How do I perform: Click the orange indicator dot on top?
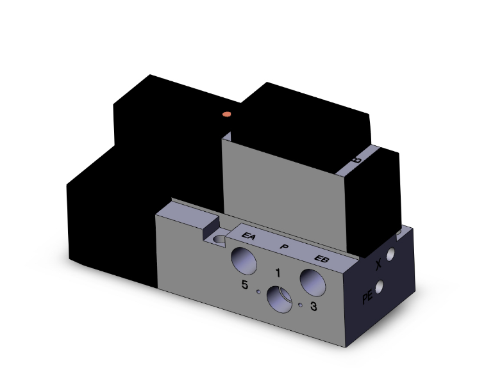(x=225, y=115)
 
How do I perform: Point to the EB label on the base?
(x=321, y=258)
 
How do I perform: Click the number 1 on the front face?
(x=278, y=273)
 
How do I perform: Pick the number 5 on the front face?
(x=245, y=285)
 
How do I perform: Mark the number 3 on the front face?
(x=313, y=307)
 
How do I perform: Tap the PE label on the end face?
(x=367, y=296)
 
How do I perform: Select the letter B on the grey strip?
(x=356, y=159)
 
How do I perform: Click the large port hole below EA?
(x=244, y=260)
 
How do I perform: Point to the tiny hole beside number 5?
(x=258, y=292)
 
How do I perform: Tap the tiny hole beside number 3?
(x=300, y=305)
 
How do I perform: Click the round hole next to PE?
(x=383, y=288)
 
